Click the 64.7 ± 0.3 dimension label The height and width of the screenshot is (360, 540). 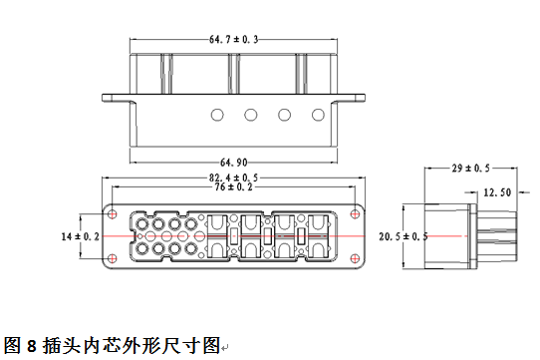pos(234,39)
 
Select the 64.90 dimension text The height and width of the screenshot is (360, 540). pos(234,161)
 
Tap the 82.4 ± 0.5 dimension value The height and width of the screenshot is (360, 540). pos(234,178)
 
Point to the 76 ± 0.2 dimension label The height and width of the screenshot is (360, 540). pos(234,187)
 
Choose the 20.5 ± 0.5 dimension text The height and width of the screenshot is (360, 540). pos(404,236)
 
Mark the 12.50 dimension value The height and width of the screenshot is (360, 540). pos(497,191)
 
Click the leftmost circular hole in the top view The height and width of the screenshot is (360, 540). pos(216,115)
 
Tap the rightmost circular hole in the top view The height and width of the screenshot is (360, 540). pos(316,115)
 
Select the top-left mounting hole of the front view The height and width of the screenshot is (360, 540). pos(112,214)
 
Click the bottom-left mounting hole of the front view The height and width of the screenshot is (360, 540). pos(112,258)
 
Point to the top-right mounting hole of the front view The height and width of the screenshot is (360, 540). pos(357,213)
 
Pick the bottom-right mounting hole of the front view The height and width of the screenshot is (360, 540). pos(357,258)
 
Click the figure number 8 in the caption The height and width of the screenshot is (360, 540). pos(31,346)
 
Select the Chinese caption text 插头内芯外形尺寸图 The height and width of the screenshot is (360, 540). pos(130,346)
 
